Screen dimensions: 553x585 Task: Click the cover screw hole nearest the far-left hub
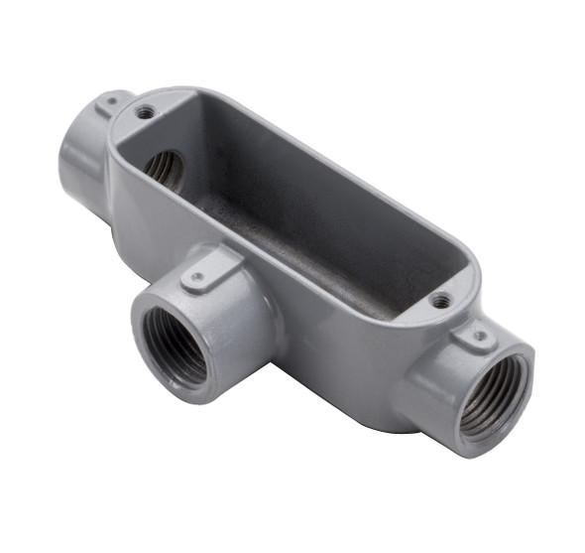(x=145, y=113)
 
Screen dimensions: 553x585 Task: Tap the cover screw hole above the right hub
(x=442, y=300)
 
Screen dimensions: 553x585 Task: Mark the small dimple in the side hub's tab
(x=199, y=277)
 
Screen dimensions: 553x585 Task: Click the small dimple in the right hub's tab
(x=479, y=337)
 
